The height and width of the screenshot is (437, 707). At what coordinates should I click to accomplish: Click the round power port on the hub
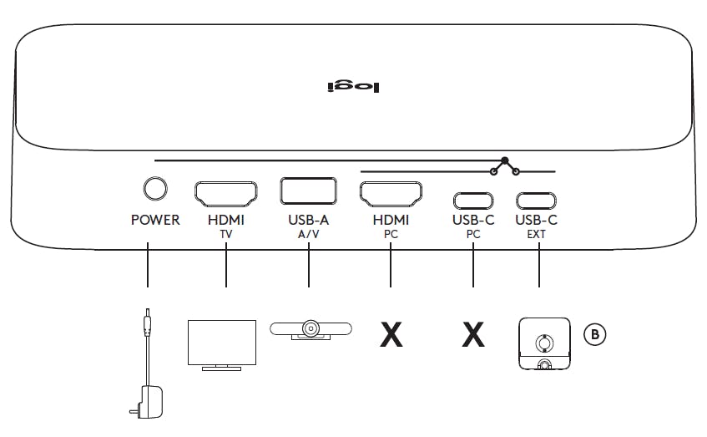click(x=154, y=190)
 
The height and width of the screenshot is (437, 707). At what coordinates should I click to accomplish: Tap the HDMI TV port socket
click(x=226, y=194)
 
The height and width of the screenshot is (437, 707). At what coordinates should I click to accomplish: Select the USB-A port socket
click(x=309, y=192)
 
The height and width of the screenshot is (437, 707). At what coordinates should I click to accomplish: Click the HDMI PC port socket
click(x=391, y=194)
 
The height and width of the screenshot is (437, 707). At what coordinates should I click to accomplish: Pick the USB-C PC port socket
click(x=472, y=201)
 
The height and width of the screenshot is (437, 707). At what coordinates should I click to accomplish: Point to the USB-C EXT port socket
click(x=537, y=201)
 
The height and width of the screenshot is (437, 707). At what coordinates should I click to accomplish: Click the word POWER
click(x=155, y=221)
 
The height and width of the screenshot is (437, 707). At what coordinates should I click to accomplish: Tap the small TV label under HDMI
click(x=226, y=235)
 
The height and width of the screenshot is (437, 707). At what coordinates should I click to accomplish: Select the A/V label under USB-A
click(x=309, y=235)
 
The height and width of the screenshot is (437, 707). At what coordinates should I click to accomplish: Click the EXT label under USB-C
click(x=537, y=235)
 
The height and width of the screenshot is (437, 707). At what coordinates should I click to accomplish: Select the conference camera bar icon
click(x=310, y=329)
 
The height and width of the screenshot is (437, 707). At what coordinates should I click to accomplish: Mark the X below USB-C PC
click(x=473, y=334)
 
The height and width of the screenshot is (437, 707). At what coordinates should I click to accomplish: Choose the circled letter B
click(x=594, y=334)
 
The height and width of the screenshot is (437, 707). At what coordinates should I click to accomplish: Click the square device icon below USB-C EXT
click(x=545, y=343)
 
